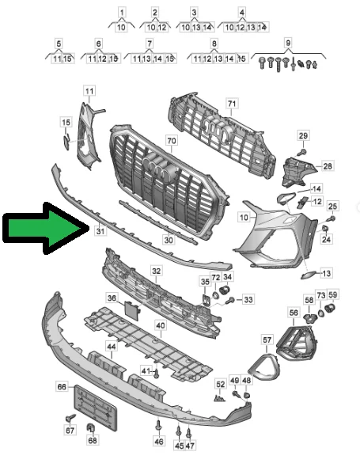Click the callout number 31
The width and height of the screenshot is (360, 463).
(99, 231)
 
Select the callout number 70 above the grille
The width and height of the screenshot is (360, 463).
(171, 140)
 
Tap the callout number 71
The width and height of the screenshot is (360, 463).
(232, 104)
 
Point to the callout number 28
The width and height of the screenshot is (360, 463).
(328, 166)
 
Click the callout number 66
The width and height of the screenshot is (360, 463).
(62, 387)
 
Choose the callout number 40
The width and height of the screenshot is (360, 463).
(160, 325)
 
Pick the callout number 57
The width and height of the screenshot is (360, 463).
(267, 340)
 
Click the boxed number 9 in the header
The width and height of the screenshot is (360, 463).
(288, 42)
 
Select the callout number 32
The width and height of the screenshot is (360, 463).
(157, 271)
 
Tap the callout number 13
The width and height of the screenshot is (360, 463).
(327, 273)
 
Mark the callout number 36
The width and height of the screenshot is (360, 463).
(112, 298)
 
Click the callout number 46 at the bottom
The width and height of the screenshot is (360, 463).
(159, 441)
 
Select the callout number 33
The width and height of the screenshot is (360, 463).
(248, 300)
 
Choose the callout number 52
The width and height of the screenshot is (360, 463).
(220, 384)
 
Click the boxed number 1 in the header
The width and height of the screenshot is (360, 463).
(122, 13)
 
